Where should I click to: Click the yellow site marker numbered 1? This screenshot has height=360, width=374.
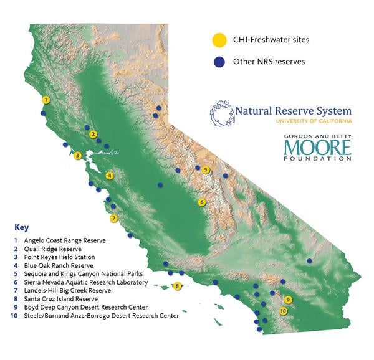tap(46, 100)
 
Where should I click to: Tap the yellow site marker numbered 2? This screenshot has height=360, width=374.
tap(93, 134)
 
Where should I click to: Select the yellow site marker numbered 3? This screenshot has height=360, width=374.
tap(77, 155)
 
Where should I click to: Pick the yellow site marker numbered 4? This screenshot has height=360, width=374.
tap(110, 176)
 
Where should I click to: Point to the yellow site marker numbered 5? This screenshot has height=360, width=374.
tap(206, 169)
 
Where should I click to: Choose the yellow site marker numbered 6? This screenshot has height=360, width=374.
tap(201, 202)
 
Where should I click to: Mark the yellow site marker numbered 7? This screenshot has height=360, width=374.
tap(113, 219)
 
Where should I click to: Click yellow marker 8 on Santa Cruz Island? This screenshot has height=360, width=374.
tap(178, 286)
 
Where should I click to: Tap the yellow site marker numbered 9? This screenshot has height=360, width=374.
tap(288, 300)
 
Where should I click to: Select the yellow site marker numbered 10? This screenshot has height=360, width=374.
tap(283, 311)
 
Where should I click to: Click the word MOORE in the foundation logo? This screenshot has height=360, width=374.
tap(317, 148)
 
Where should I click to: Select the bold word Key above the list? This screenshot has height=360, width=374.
tap(21, 228)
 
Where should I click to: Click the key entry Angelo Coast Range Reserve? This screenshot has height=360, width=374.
tap(65, 240)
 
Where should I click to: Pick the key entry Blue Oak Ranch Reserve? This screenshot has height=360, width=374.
tap(59, 265)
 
